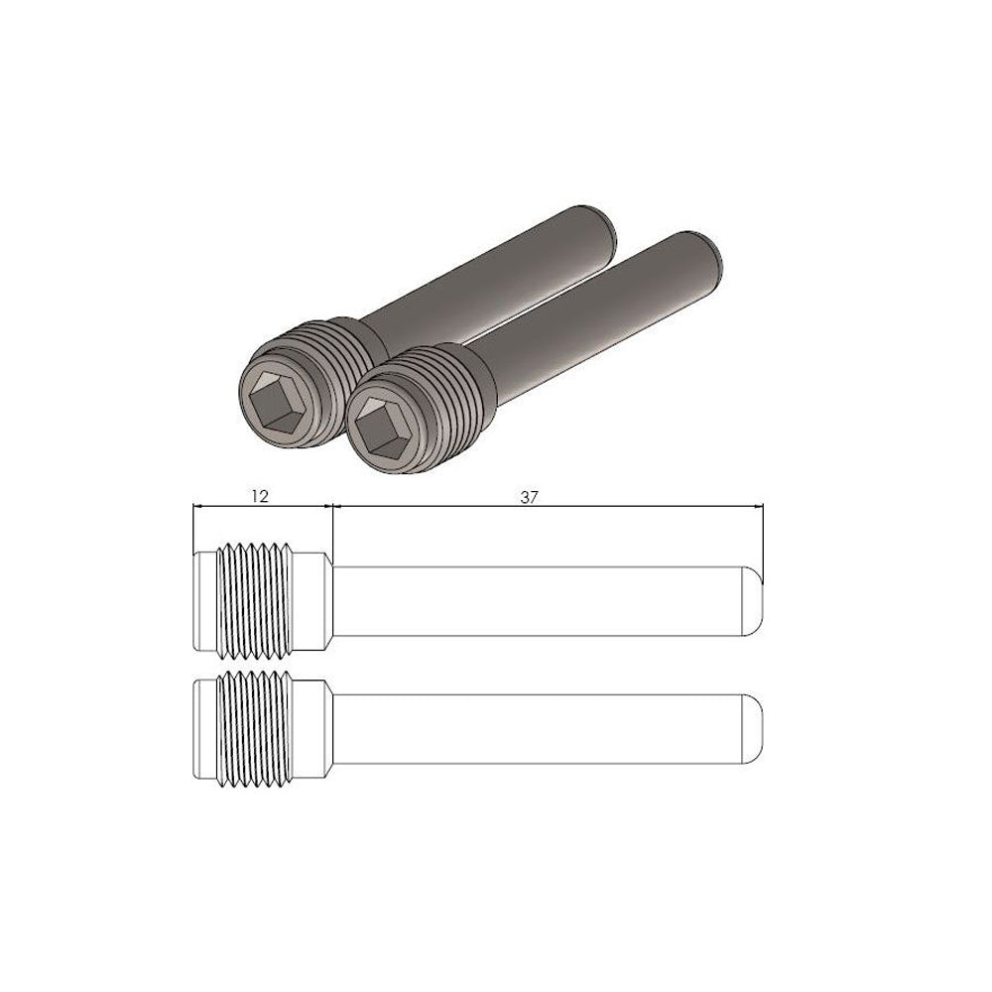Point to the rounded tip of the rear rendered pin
coord(599,223)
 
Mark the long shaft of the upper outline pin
coord(541,602)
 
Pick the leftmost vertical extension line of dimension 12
coord(192,531)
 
